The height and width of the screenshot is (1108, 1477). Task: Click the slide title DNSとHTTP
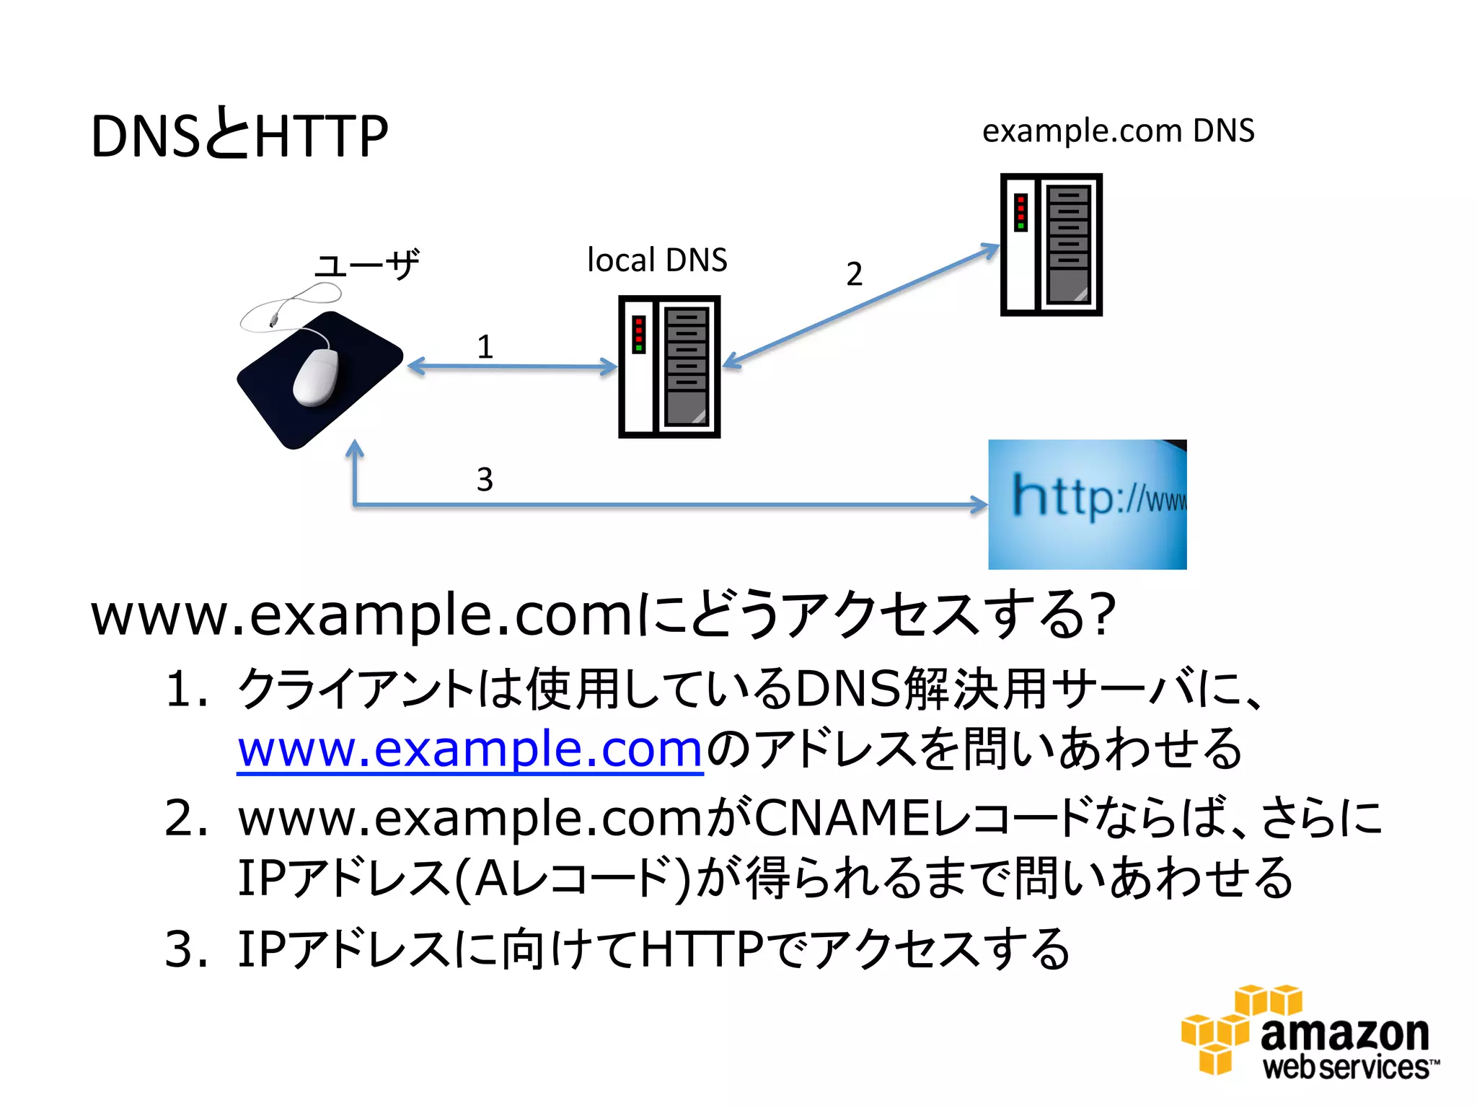pyautogui.click(x=239, y=136)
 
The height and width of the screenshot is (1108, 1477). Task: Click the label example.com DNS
pyautogui.click(x=1118, y=131)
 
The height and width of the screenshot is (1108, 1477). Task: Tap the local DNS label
pyautogui.click(x=657, y=260)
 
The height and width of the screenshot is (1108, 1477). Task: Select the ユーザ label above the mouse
pyautogui.click(x=367, y=265)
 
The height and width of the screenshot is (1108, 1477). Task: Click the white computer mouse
pyautogui.click(x=317, y=376)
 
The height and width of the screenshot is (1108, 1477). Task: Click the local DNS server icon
pyautogui.click(x=669, y=366)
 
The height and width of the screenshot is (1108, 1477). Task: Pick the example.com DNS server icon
pyautogui.click(x=1051, y=245)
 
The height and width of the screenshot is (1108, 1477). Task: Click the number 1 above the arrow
pyautogui.click(x=485, y=347)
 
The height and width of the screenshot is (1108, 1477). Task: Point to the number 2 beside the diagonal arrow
pyautogui.click(x=854, y=274)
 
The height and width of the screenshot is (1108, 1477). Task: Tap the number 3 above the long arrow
pyautogui.click(x=485, y=480)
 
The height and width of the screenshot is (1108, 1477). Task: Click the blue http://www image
pyautogui.click(x=1087, y=504)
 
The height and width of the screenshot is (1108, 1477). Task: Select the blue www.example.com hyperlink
pyautogui.click(x=470, y=749)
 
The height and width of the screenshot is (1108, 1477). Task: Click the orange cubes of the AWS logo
pyautogui.click(x=1235, y=1028)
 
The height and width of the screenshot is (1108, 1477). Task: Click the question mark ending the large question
pyautogui.click(x=1102, y=614)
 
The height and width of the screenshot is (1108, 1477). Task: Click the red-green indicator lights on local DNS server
pyautogui.click(x=638, y=335)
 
